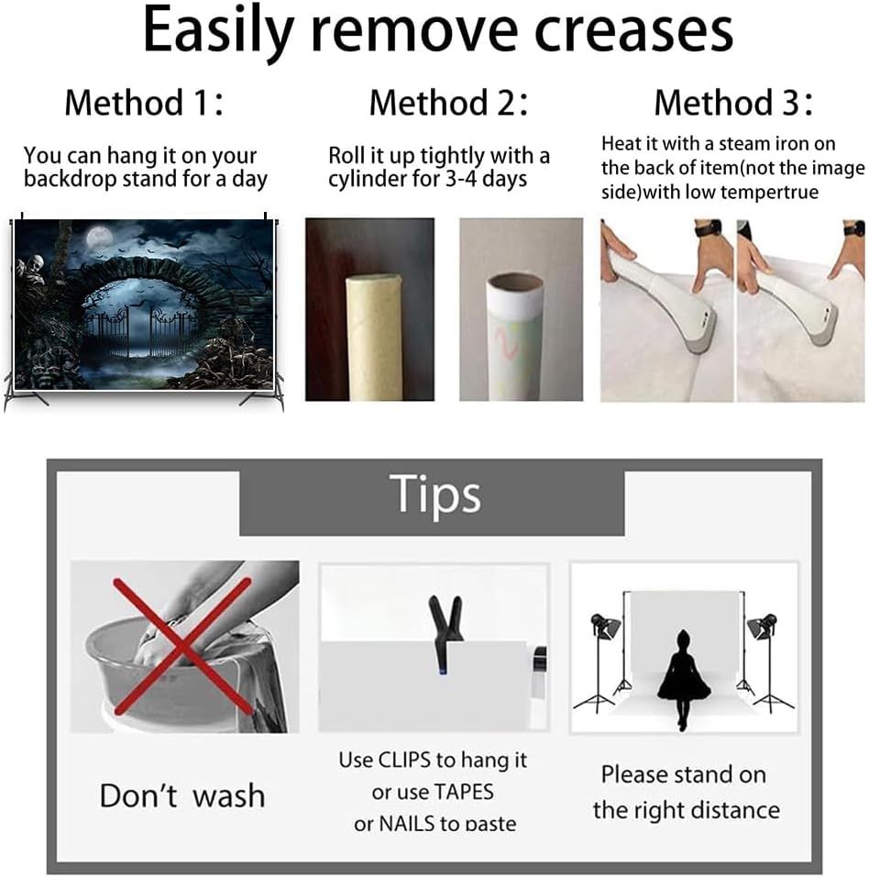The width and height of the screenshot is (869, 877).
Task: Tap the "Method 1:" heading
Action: (x=144, y=103)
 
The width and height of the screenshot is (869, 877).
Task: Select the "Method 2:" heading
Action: (x=449, y=103)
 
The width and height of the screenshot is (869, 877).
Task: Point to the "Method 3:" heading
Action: (x=733, y=103)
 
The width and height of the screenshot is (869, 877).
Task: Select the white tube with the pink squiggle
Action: (x=514, y=336)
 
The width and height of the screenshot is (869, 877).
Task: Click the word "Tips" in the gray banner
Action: (x=434, y=494)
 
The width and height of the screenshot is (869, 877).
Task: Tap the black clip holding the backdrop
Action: (x=445, y=633)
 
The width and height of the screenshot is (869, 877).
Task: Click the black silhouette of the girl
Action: (x=683, y=680)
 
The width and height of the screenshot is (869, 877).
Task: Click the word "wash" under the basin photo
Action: (x=228, y=796)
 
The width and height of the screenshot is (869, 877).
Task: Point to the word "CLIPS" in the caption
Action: (x=404, y=760)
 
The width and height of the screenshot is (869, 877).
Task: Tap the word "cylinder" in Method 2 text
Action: (x=363, y=180)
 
